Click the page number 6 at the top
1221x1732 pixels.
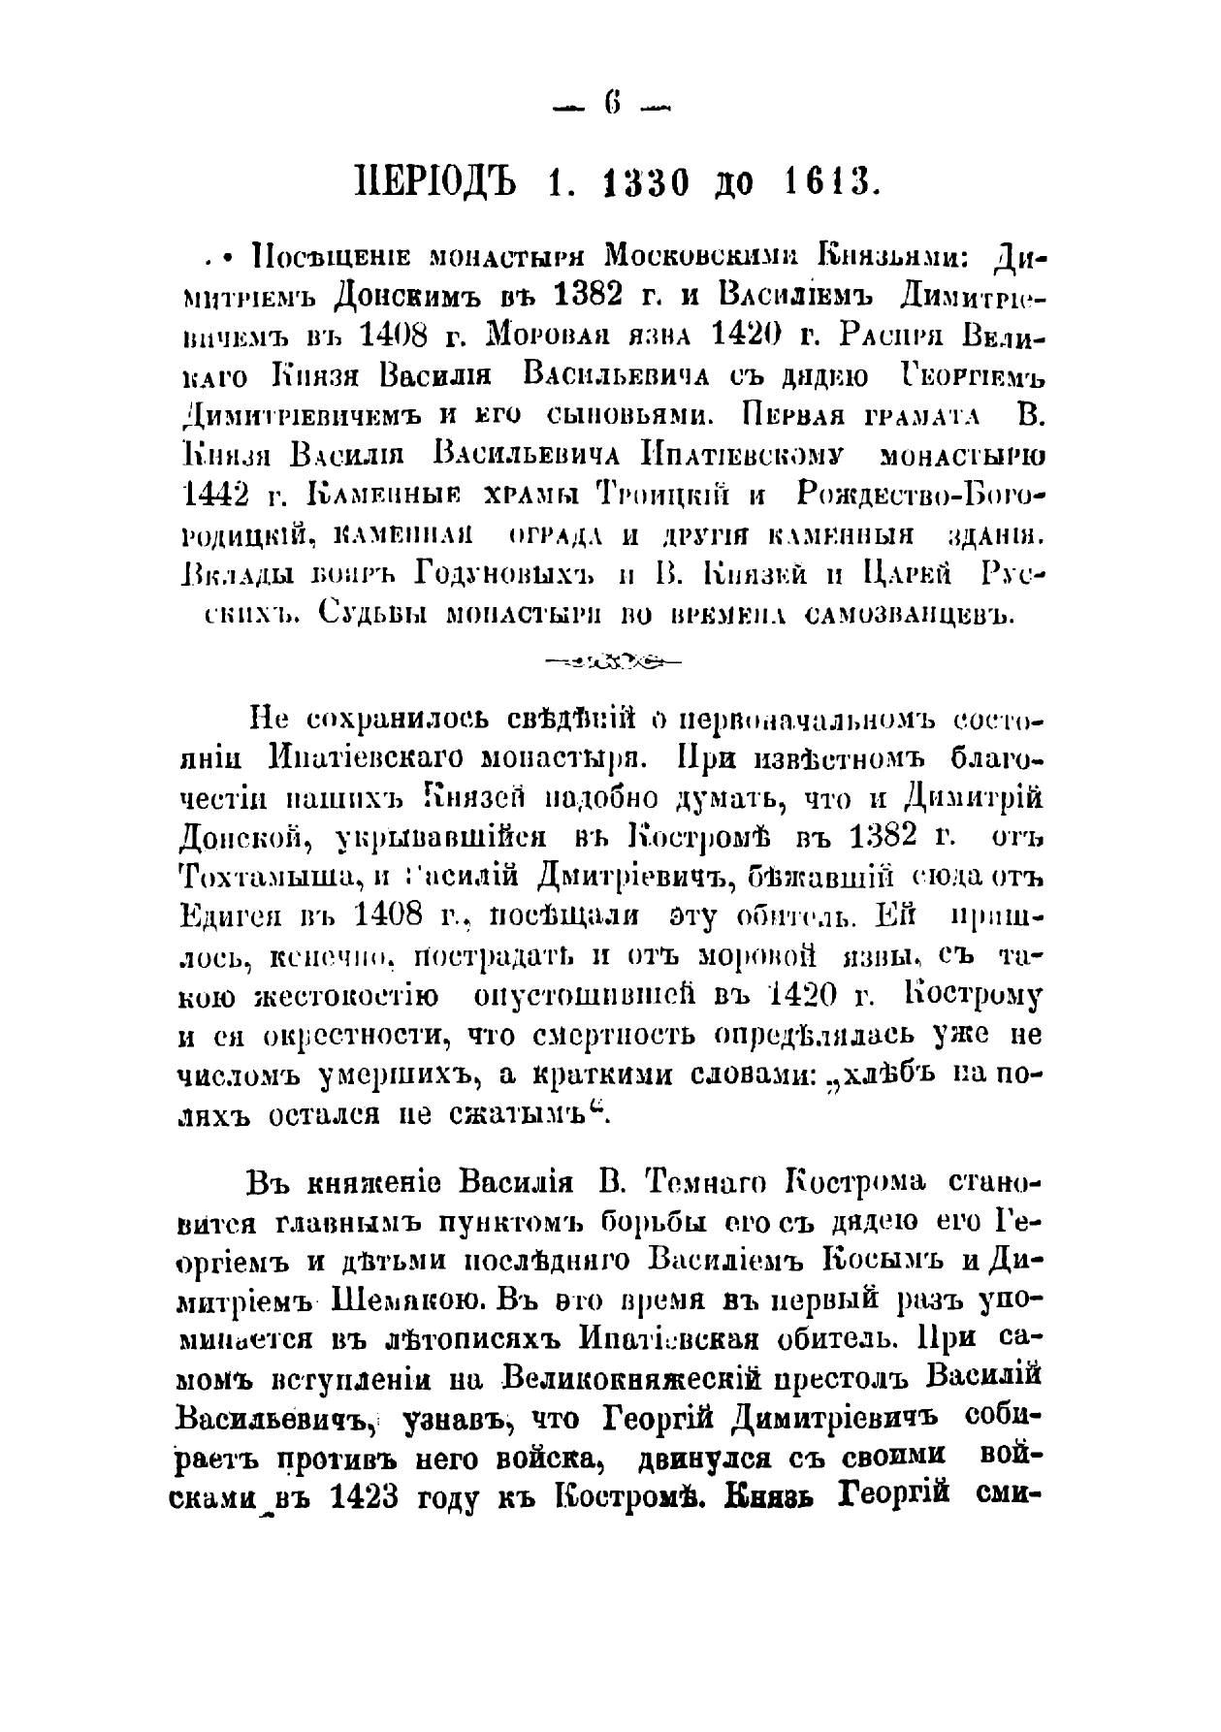612,103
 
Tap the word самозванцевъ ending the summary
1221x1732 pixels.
913,614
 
